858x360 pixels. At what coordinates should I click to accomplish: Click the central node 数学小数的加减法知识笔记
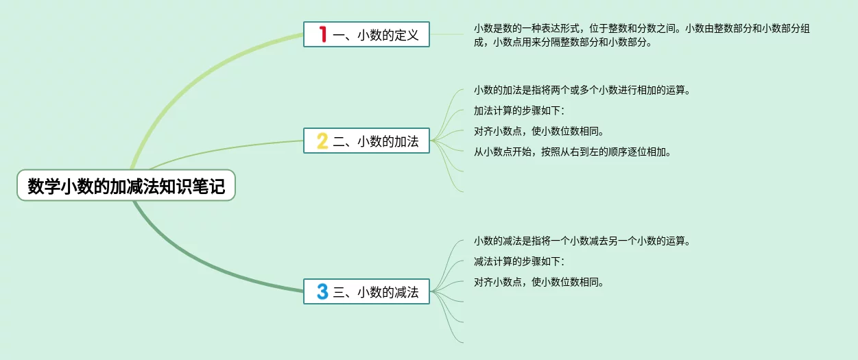pos(126,185)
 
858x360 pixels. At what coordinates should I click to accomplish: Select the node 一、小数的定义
pos(367,34)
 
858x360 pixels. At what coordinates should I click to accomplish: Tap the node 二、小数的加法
pos(367,141)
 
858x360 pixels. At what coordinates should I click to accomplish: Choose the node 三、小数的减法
pos(367,291)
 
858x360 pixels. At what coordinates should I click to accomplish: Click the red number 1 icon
pos(323,34)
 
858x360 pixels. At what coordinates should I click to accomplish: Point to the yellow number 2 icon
pos(322,141)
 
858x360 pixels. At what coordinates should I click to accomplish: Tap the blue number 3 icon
pos(322,291)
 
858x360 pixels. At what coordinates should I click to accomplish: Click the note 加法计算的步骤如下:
pos(519,110)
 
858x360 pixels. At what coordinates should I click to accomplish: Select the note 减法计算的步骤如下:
pos(519,261)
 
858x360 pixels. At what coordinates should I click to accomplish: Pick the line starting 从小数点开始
pos(572,152)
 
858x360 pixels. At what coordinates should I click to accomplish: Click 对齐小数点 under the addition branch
pos(539,131)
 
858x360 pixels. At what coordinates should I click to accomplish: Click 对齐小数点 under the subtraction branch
pos(539,282)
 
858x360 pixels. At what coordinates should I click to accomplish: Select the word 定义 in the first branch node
pos(407,35)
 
